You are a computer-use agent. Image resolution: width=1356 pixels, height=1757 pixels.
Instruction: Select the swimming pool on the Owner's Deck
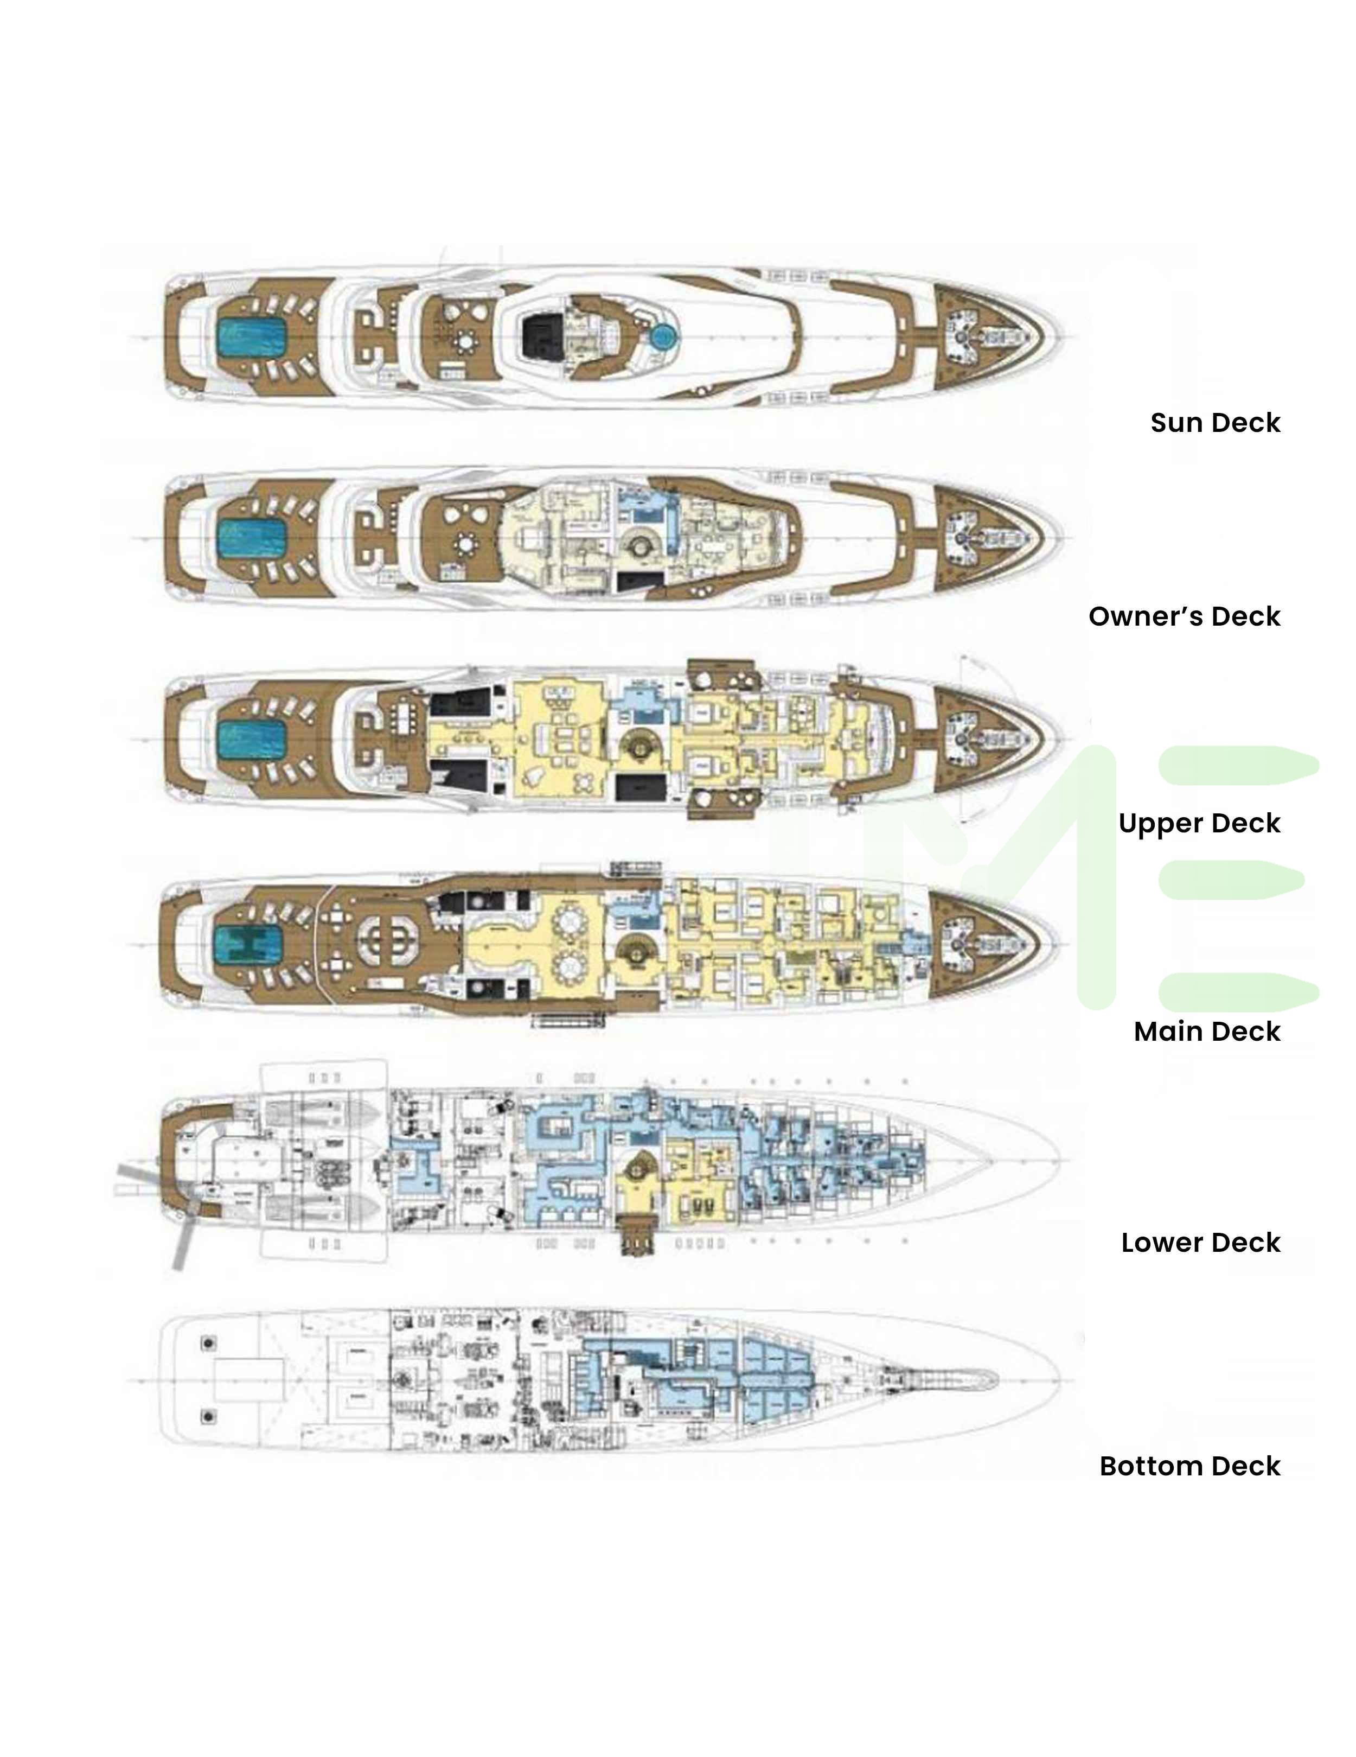(x=252, y=538)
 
